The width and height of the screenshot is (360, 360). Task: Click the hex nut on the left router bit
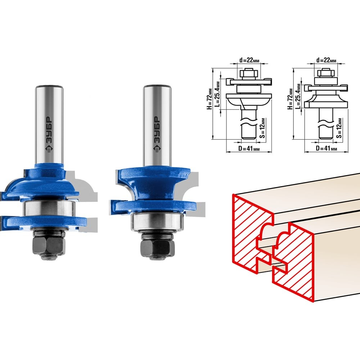pos(49,245)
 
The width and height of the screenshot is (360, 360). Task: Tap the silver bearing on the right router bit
pos(158,221)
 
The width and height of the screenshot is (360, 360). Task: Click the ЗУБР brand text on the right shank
pos(157,134)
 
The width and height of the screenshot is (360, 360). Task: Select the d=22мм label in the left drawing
pos(249,60)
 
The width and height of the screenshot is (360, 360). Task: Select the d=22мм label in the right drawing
pos(326,60)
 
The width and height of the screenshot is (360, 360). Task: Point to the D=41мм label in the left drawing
pos(249,149)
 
